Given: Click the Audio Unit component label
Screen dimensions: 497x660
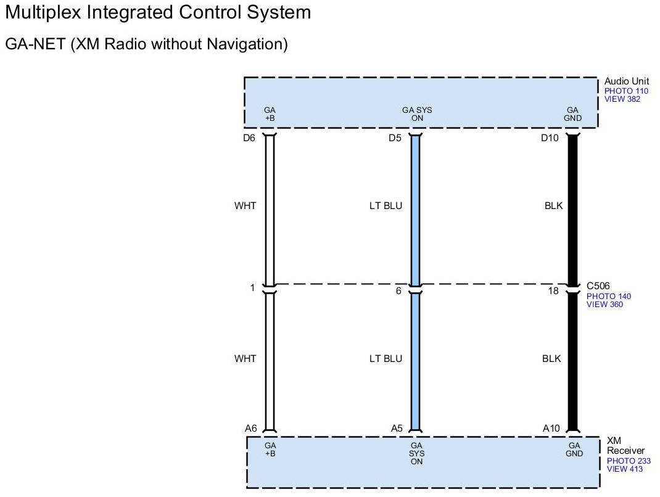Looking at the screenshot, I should tap(627, 81).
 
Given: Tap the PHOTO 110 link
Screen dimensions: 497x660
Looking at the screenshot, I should tap(626, 91).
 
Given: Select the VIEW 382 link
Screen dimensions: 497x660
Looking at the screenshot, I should tap(623, 99).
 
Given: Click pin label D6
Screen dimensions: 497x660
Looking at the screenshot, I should tap(249, 138).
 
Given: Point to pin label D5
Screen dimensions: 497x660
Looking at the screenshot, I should tap(395, 138).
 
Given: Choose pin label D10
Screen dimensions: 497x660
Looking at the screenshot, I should tap(550, 138).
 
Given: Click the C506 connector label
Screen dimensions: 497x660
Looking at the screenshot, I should tap(599, 286).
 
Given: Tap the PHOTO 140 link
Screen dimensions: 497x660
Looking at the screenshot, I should tap(608, 297).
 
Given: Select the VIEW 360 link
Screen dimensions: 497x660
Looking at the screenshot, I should tap(604, 305).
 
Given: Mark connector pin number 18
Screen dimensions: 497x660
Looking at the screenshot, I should tap(553, 290).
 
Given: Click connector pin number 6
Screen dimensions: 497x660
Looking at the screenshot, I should tap(399, 290).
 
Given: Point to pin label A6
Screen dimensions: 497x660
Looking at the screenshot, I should tap(250, 429).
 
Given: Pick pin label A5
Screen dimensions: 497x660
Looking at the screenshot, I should tap(397, 429).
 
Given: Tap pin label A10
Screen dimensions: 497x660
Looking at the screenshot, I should tap(551, 429).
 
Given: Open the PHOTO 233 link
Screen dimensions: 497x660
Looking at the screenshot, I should tap(629, 461).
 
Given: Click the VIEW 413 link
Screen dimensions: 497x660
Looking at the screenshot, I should tap(625, 469).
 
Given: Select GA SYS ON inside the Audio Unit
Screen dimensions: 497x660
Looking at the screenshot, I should tap(417, 114).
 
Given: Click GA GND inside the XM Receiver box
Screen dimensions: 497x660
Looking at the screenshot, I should tap(574, 450).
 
